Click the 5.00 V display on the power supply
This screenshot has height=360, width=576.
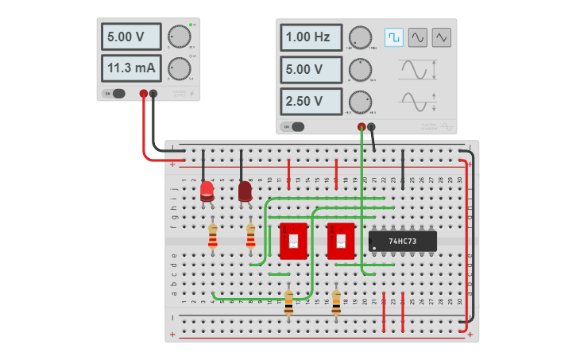coord(130,37)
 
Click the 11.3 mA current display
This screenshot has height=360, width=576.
coord(130,68)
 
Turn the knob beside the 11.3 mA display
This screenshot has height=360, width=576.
coord(180,68)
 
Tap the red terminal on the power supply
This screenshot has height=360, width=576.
coord(144,94)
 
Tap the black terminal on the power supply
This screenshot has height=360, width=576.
coord(153,94)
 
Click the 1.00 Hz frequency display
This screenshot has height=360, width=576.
coord(311,37)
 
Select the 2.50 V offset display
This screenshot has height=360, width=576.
coord(311,102)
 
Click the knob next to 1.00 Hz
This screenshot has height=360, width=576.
coord(360,37)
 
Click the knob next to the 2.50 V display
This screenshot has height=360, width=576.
coord(360,102)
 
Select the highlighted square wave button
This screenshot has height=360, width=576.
coord(394,37)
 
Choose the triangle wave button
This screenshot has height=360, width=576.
coord(442,37)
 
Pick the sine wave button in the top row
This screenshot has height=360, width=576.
coord(418,37)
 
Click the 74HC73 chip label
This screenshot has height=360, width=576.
coord(404,241)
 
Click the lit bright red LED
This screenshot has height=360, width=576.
coord(207,190)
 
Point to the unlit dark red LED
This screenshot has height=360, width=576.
coord(245,191)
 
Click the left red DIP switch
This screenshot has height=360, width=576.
coord(293,241)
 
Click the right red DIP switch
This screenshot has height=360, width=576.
coord(341,241)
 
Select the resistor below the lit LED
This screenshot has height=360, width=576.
coord(212,236)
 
